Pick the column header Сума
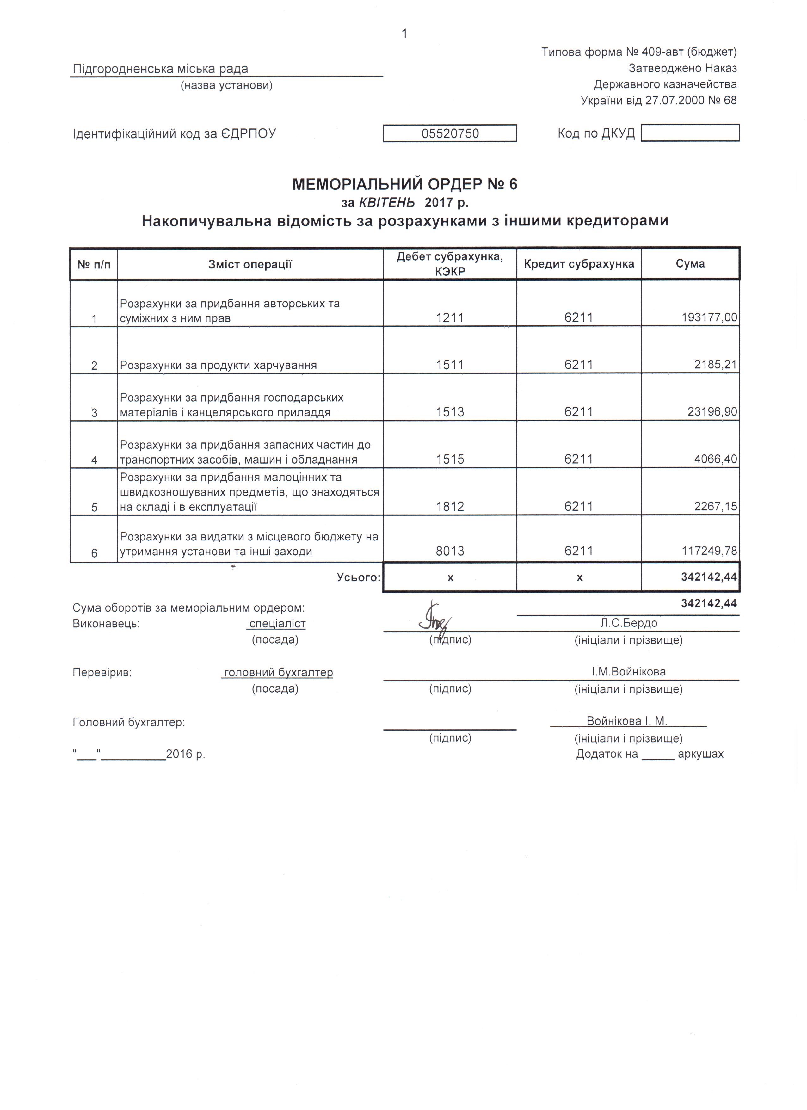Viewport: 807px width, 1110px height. point(690,264)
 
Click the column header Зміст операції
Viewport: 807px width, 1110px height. point(250,265)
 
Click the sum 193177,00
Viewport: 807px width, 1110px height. point(709,318)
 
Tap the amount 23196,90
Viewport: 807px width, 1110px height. point(712,412)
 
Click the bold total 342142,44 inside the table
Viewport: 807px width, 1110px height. point(709,577)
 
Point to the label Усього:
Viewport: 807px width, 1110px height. point(358,577)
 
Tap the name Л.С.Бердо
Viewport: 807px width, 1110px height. point(628,623)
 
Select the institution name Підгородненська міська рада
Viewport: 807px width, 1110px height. point(161,69)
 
